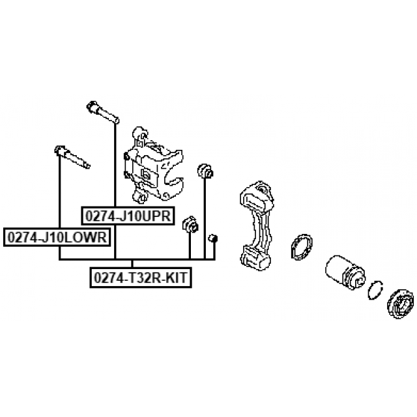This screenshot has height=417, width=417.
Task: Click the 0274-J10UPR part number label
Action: tap(128, 216)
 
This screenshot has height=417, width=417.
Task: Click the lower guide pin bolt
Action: tap(72, 156)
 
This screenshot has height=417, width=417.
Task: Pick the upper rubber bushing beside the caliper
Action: tap(205, 171)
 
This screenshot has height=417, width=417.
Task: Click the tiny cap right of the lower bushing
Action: tap(212, 237)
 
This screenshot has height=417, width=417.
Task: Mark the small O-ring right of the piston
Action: tap(375, 291)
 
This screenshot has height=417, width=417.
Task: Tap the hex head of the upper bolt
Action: tap(92, 106)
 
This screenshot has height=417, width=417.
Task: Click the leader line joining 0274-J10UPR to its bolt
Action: tap(115, 163)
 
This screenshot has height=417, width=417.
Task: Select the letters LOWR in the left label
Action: tap(88, 237)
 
